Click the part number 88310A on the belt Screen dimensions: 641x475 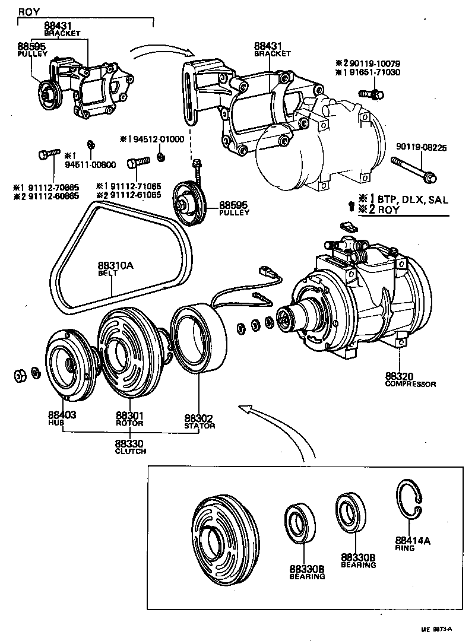point(116,265)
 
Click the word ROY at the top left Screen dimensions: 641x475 point(30,12)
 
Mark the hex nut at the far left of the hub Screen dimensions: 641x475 point(20,375)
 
